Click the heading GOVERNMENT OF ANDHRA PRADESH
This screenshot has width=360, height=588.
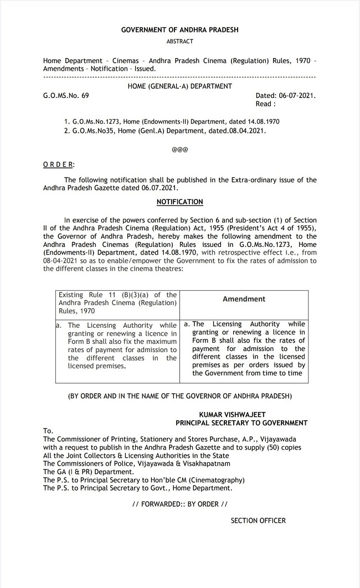point(179,30)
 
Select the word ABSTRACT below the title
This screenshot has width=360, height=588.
point(179,42)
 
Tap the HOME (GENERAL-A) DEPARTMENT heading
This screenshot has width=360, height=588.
point(179,86)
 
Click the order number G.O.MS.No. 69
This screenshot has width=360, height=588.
point(66,95)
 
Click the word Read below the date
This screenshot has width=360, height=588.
point(264,104)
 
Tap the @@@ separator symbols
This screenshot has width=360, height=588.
point(180,149)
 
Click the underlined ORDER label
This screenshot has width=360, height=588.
point(58,165)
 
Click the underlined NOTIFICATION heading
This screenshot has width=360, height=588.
point(179,202)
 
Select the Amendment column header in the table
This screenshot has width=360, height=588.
point(244,299)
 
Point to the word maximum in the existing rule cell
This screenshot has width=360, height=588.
point(158,342)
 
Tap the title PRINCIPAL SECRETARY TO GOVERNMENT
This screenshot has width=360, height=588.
point(241,422)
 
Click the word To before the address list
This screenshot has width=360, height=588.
point(47,431)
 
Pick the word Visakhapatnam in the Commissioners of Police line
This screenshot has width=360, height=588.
point(206,463)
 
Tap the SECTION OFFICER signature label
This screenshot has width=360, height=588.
point(258,520)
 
